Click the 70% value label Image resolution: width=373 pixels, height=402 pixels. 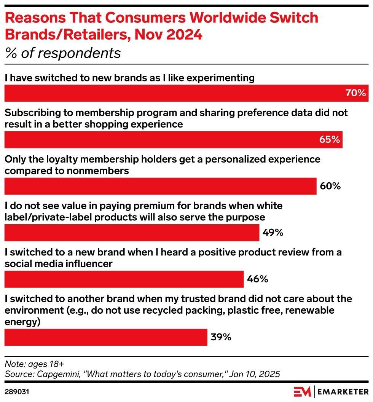point(355,93)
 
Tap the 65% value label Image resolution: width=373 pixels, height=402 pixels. point(329,139)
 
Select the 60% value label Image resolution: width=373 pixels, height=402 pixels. point(330,186)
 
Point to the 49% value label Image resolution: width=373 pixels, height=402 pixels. point(273,233)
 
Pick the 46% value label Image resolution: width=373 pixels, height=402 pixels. point(257,279)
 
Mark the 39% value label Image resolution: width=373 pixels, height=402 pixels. point(221,337)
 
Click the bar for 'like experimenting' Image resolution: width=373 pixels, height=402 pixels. point(186,93)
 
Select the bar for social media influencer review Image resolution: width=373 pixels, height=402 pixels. point(124,279)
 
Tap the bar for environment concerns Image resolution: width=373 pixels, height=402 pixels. point(106,337)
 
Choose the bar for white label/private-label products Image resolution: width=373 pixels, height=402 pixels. point(132,233)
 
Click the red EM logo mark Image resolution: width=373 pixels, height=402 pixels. point(302,391)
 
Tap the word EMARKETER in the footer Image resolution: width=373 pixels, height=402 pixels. point(343,392)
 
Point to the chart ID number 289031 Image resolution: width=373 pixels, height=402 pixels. point(17,392)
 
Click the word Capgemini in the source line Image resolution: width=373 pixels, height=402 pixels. point(60,374)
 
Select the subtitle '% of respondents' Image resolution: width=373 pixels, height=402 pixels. point(62,53)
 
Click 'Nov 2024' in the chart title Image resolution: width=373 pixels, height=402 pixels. point(168,34)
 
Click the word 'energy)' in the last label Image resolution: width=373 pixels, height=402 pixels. point(22,322)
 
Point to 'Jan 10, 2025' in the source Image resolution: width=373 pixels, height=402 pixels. point(255,374)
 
